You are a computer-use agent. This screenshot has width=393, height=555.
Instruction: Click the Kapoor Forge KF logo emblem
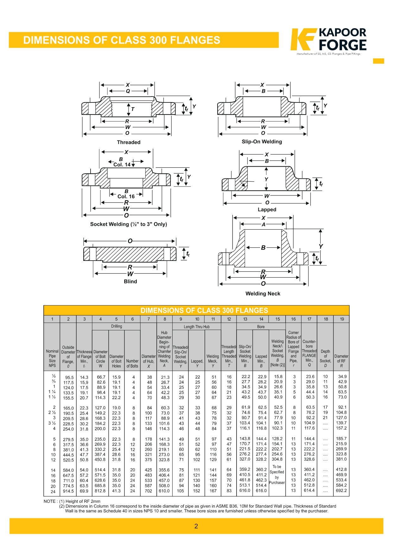click(x=303, y=40)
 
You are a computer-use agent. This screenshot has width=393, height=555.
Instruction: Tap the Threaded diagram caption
click(x=129, y=142)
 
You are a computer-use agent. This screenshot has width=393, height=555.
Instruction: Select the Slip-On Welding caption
click(x=262, y=142)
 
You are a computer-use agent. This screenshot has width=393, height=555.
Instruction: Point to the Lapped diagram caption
click(x=267, y=210)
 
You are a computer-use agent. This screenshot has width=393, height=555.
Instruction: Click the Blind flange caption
click(x=130, y=281)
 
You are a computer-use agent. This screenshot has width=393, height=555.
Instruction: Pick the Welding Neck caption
click(x=263, y=293)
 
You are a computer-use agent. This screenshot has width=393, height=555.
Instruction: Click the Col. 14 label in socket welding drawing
click(x=122, y=165)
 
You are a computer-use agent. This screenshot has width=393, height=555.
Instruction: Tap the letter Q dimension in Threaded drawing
click(x=128, y=91)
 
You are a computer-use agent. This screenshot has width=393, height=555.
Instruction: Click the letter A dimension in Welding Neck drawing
click(x=263, y=225)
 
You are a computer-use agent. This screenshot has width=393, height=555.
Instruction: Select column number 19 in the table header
click(x=342, y=319)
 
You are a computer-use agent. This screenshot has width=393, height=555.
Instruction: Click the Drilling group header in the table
click(x=116, y=326)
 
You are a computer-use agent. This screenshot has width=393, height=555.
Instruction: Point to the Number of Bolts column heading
click(x=132, y=363)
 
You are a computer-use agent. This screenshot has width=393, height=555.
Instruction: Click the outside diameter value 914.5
click(x=68, y=491)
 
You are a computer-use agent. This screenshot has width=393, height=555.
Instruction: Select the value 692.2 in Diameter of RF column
click(x=341, y=491)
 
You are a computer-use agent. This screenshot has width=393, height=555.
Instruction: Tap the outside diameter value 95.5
click(x=69, y=378)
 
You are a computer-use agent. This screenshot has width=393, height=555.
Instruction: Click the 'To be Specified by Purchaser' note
click(x=277, y=475)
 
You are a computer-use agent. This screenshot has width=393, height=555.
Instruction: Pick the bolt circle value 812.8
click(x=100, y=491)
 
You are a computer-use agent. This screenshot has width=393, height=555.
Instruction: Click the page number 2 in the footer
click(x=196, y=526)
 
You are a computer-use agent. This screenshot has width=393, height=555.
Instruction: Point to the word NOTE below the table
click(x=49, y=501)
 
